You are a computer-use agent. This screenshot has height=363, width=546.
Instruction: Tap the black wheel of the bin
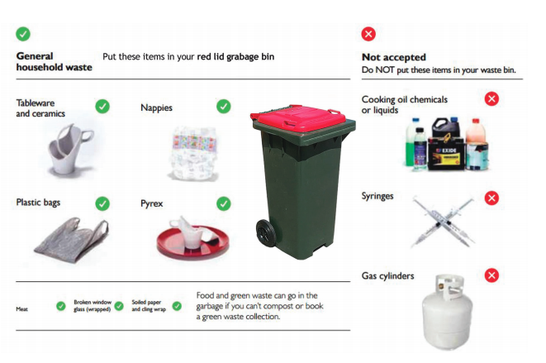(x=266, y=233)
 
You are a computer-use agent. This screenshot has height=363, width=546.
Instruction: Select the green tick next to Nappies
(x=224, y=107)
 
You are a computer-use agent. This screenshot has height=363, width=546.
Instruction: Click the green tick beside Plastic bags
(x=102, y=203)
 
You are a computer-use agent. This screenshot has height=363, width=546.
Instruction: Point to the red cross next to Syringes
(x=491, y=198)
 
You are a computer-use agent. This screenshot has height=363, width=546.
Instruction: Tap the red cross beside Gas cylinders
(x=491, y=275)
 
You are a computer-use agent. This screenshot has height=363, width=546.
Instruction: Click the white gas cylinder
(x=447, y=312)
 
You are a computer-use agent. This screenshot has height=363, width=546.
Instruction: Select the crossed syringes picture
(x=443, y=221)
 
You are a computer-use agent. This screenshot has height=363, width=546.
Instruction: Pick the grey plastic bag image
(x=72, y=239)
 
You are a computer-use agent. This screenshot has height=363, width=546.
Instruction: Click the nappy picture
(x=193, y=154)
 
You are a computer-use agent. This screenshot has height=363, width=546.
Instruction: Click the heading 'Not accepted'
(x=394, y=57)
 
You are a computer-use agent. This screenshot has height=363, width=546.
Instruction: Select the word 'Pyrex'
(x=151, y=203)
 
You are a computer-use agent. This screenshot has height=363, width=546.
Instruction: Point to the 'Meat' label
(x=21, y=309)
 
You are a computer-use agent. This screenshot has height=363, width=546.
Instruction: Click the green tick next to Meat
(x=60, y=306)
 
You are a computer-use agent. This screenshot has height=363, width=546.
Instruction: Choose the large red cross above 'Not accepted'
(x=368, y=34)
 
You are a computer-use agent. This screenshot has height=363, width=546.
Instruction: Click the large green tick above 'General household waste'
(x=23, y=34)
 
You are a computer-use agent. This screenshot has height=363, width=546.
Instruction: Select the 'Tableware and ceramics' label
(x=40, y=108)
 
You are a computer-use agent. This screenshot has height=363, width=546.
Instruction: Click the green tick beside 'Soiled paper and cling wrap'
(x=177, y=306)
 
